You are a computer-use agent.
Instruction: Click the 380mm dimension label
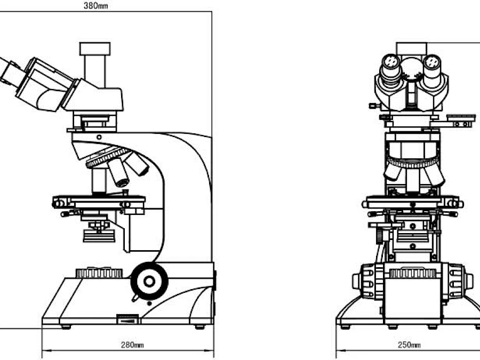[96, 5]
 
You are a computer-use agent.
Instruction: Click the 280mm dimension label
[132, 345]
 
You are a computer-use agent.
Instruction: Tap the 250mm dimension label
[409, 345]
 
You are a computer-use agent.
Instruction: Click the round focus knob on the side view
[149, 281]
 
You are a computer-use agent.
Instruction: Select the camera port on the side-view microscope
[95, 65]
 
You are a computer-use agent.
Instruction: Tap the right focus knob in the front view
[458, 281]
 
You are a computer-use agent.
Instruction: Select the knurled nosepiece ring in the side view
[108, 157]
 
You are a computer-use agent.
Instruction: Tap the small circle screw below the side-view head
[99, 137]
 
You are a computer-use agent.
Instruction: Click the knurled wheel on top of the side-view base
[99, 273]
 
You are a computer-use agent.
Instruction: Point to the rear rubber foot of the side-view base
[199, 327]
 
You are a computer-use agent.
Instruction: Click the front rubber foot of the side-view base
[66, 327]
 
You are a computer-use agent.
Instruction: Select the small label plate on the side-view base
[127, 319]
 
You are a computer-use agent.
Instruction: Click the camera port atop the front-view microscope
[411, 49]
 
